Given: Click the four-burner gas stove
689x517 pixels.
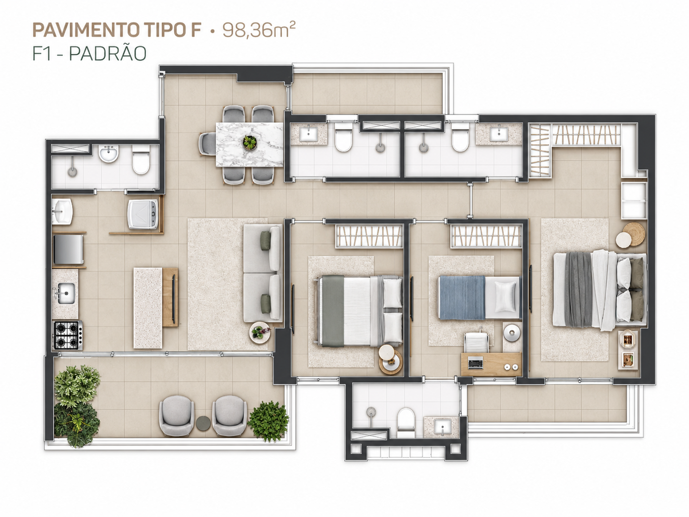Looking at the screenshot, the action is pos(68,335).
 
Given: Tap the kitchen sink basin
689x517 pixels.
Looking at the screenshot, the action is pos(66,293).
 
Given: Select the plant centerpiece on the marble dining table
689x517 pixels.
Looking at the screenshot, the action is pos(250,143).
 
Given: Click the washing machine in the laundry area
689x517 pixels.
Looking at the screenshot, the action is pos(143,214).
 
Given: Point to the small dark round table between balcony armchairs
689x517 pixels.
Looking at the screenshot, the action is pos(203,423).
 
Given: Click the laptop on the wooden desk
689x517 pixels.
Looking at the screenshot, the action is pos(475,363).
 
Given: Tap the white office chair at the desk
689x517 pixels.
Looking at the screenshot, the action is pos(476,342).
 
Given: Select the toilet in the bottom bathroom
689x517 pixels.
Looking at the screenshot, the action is pos(406,422).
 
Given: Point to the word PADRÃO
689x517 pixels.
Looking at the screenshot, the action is pos(108,53).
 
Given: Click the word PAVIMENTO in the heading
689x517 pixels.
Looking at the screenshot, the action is pos(86,30).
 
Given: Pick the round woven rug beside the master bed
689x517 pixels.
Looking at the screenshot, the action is pos(634,234).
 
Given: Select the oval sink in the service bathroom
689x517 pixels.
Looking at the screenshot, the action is pos(108,154).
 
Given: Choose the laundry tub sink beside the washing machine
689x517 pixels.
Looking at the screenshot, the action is pos(62,211).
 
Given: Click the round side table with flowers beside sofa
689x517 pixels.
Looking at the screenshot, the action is pos(260,333).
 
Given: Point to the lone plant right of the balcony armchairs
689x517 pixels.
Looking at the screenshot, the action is pos(269,421).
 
